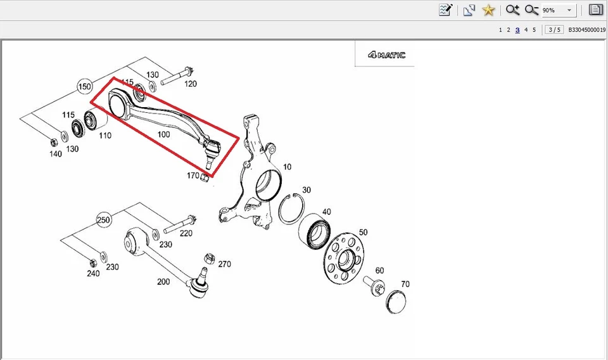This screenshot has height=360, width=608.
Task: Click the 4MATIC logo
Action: [386, 55]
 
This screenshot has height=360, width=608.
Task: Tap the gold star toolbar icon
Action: [488, 10]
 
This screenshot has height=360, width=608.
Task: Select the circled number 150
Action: [85, 86]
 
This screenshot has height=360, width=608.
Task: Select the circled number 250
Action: [103, 220]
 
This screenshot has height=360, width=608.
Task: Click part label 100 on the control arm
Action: [163, 134]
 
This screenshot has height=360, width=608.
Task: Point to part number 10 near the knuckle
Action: [288, 167]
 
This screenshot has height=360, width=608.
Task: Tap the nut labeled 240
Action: [92, 261]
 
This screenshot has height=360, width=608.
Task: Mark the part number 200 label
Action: [163, 281]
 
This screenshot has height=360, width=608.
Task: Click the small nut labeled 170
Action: [204, 177]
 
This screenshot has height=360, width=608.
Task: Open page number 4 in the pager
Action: [526, 30]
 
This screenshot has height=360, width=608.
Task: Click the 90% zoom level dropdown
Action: [557, 10]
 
